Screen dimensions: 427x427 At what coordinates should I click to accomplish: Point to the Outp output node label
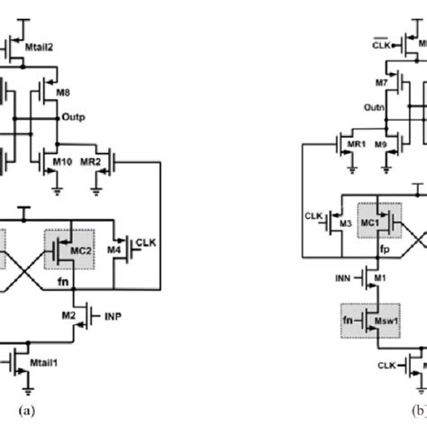[x=75, y=117]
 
